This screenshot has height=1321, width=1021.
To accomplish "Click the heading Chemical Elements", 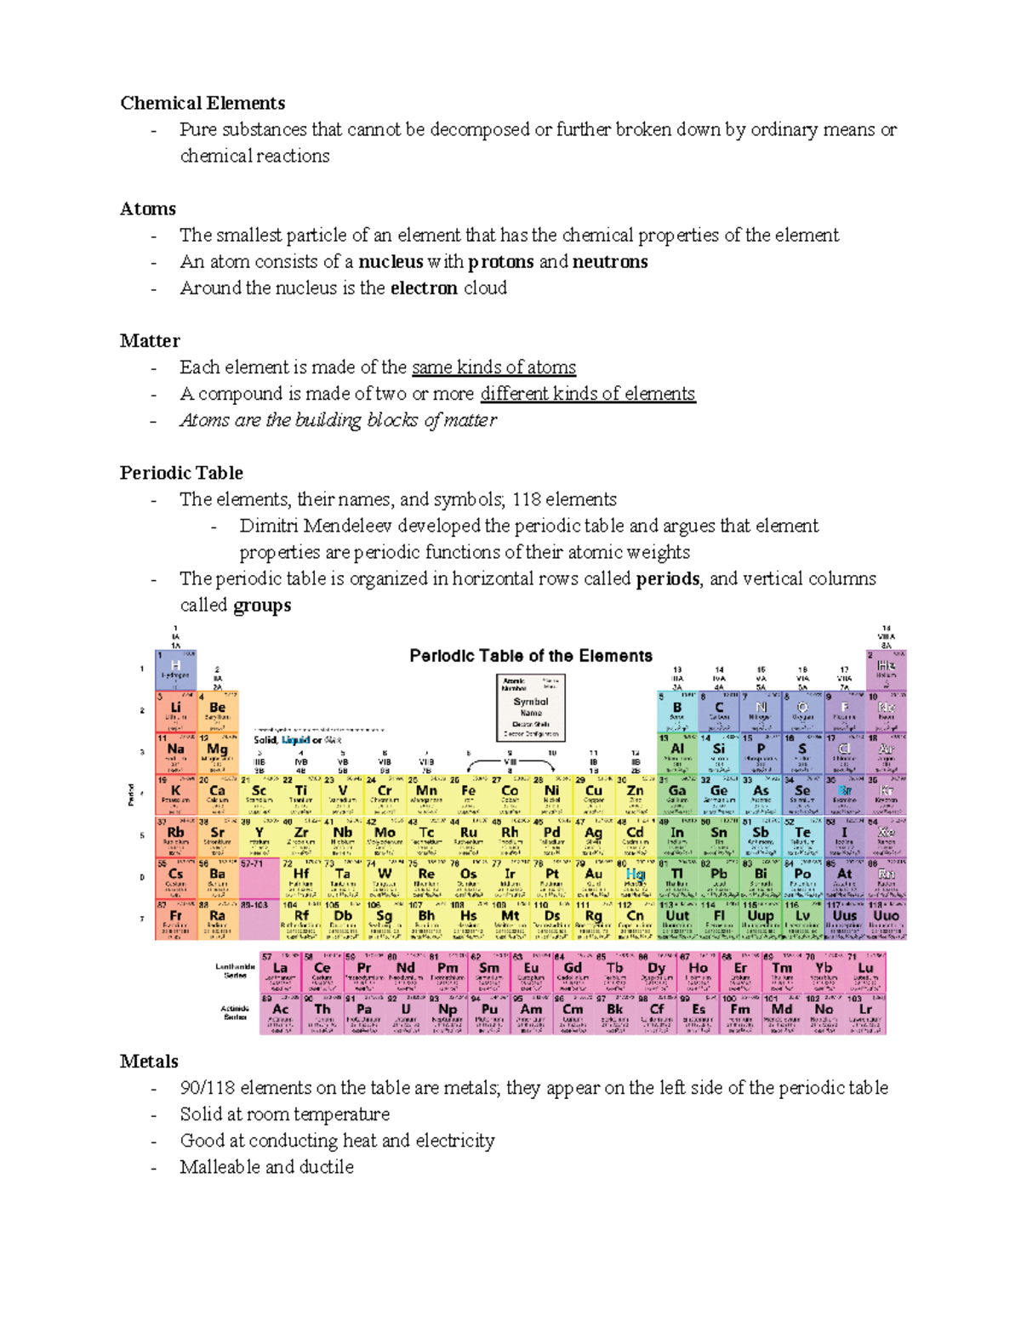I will point(202,103).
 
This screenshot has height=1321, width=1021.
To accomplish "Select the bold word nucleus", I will point(390,261).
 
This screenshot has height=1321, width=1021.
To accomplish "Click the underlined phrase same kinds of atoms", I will point(493,367).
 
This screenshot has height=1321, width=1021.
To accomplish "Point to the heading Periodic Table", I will point(181,473).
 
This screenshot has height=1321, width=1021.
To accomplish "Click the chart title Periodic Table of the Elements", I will point(531,656).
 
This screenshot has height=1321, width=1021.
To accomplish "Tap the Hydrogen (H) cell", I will point(175,669).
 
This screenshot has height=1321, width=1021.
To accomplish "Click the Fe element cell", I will point(468,794).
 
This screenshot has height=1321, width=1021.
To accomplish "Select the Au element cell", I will point(593,878).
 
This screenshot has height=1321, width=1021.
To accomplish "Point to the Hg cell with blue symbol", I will point(635,878).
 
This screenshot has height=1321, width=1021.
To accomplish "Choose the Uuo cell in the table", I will point(886,920).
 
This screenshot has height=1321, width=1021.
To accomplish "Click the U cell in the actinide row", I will point(406,1013).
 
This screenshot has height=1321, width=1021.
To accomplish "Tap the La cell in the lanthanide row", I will point(280,971).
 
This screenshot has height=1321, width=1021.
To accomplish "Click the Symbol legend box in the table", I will point(531,707).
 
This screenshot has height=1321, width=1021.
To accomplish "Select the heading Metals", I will point(149,1062).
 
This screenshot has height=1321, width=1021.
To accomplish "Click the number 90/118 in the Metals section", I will point(208,1088).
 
